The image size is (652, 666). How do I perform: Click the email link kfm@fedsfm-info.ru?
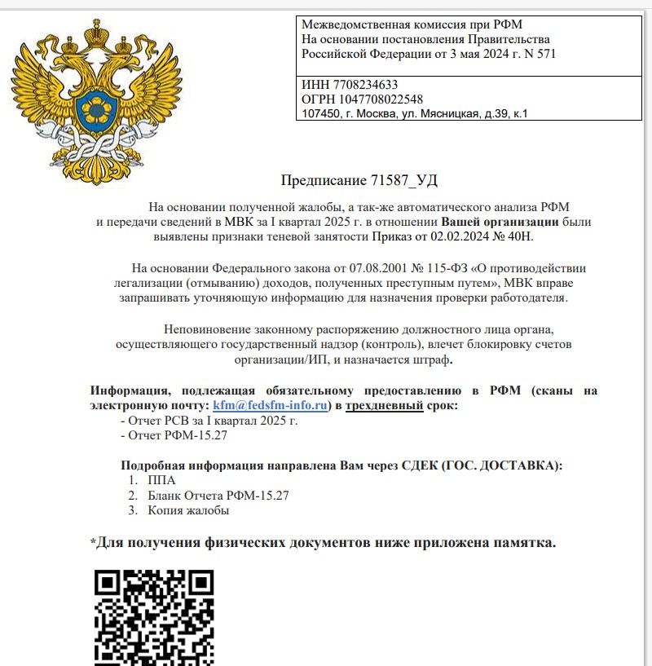click(x=270, y=405)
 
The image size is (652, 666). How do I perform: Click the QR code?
click(x=154, y=617)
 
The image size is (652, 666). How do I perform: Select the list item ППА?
click(x=161, y=481)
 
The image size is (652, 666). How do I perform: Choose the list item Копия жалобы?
click(x=188, y=510)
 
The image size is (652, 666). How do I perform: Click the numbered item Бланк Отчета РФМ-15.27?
click(x=218, y=496)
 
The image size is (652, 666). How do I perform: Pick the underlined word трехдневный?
click(x=384, y=405)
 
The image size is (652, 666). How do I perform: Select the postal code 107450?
click(x=319, y=113)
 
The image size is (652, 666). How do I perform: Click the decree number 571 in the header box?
click(x=546, y=54)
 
